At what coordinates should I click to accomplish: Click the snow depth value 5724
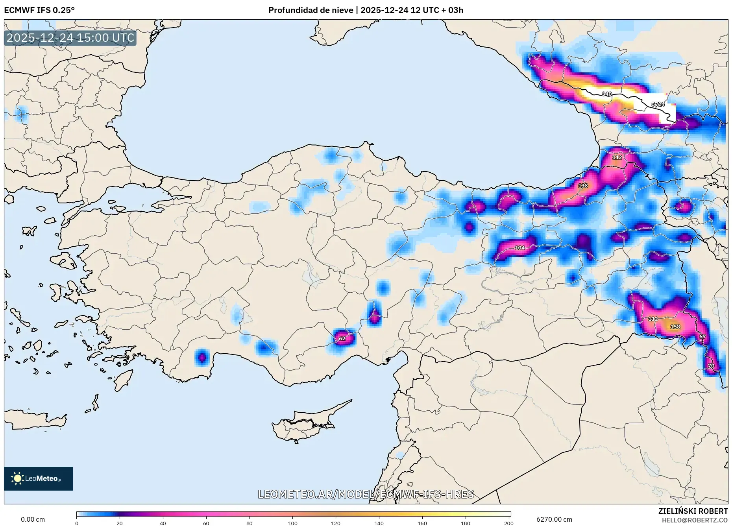point(658,104)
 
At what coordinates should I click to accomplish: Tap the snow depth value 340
point(606,94)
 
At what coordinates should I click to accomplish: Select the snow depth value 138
point(583,186)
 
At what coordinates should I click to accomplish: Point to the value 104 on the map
point(519,248)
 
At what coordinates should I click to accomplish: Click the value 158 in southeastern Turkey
point(675,327)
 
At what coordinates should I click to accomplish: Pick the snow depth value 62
point(342,338)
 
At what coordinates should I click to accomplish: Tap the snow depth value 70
point(711,366)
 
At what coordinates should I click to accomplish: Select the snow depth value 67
point(702,337)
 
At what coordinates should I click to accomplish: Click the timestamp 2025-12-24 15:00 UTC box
point(70,38)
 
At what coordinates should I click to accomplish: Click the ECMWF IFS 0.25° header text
point(39,10)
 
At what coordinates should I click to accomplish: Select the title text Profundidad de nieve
point(311,10)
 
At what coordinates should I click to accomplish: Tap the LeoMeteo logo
point(39,478)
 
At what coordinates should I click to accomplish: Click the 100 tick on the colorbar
point(292,523)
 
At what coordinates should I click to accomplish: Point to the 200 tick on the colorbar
point(508,523)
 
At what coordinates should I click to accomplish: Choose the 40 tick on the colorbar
point(163,523)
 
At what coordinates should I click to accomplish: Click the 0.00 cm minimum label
point(33,519)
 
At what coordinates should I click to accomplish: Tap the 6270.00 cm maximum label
point(554,519)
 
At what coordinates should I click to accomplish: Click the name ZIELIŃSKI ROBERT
point(693,511)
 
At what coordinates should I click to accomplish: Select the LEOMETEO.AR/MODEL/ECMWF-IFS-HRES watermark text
point(366,494)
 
